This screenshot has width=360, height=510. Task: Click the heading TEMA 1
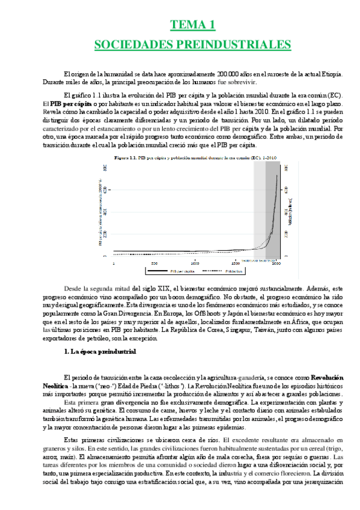click(x=193, y=25)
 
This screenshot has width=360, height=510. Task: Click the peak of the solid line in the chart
click(x=277, y=175)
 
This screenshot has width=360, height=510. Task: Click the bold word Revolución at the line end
click(x=325, y=373)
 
